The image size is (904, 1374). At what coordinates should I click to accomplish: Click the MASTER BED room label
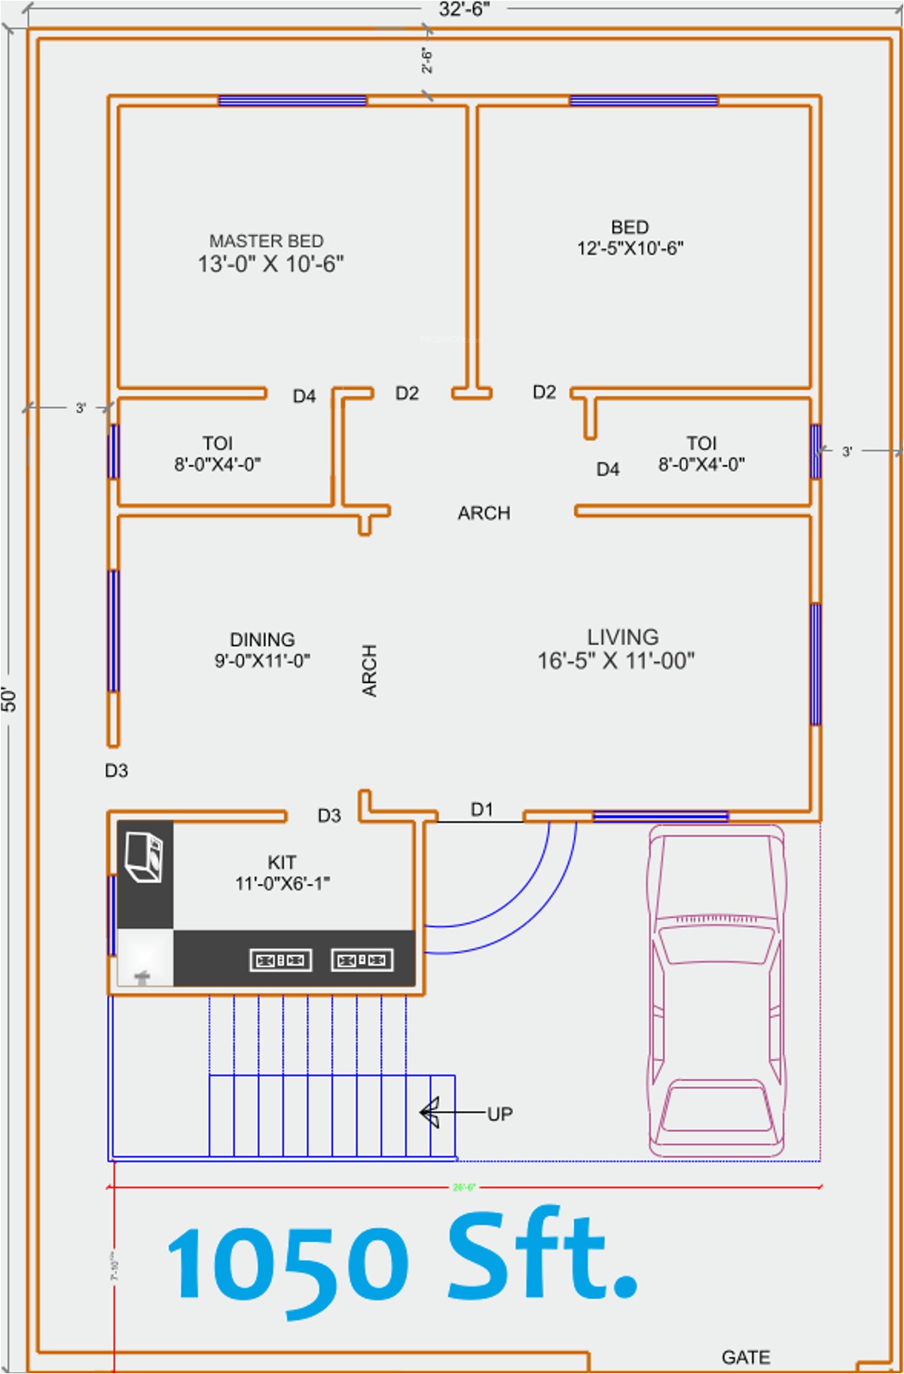[x=267, y=241]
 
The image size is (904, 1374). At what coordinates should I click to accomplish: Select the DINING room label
[x=262, y=640]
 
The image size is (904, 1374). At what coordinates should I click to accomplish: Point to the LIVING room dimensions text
[x=615, y=661]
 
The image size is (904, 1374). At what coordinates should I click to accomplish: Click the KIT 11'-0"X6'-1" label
[x=282, y=873]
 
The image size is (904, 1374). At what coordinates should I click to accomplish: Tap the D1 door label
[x=481, y=809]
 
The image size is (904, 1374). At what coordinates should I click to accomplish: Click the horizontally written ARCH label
[x=484, y=513]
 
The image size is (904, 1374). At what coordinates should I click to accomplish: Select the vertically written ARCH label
[x=369, y=670]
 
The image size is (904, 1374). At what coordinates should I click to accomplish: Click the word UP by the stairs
[x=499, y=1114]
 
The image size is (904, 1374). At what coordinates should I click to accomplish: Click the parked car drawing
[x=716, y=990]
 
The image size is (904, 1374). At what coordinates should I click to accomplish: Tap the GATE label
[x=745, y=1357]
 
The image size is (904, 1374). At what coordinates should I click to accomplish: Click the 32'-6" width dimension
[x=464, y=9]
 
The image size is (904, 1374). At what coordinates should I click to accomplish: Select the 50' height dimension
[x=8, y=699]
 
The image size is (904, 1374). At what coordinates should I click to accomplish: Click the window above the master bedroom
[x=292, y=100]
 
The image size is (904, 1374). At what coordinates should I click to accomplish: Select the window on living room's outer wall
[x=815, y=663]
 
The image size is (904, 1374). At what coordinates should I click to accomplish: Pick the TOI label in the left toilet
[x=217, y=443]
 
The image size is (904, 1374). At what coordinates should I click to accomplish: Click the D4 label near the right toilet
[x=607, y=470]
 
